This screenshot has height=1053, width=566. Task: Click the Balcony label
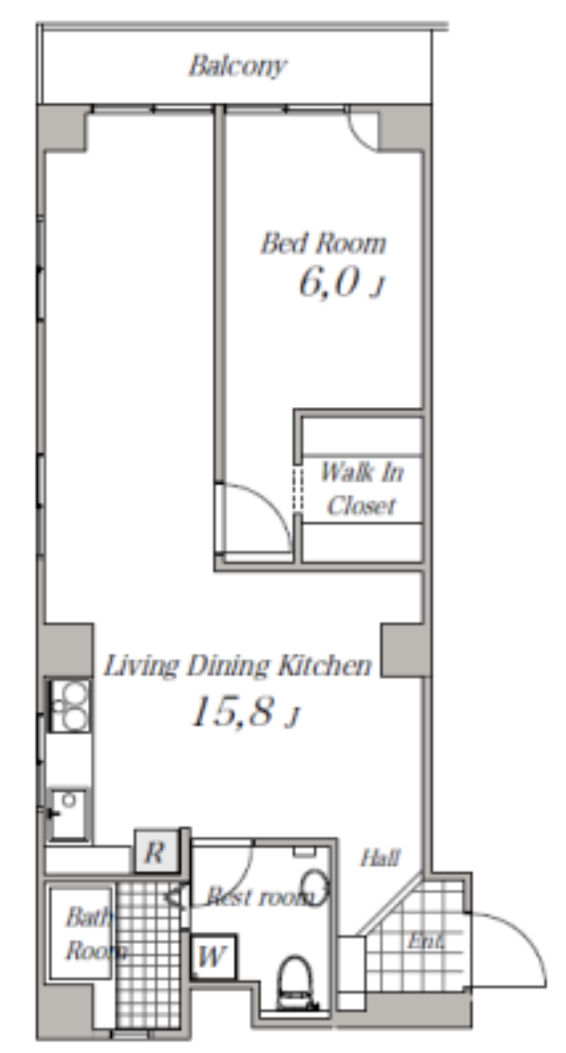(238, 66)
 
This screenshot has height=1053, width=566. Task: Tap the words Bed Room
(324, 243)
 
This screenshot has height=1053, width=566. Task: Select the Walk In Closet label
(362, 489)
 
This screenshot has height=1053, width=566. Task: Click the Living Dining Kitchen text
(237, 666)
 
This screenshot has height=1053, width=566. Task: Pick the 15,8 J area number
(244, 712)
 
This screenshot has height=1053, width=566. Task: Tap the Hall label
(380, 858)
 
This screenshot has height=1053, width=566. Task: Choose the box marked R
(156, 852)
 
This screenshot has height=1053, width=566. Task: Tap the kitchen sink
(69, 814)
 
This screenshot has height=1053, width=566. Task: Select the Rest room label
(260, 897)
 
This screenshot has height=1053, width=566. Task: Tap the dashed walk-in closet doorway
(297, 489)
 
